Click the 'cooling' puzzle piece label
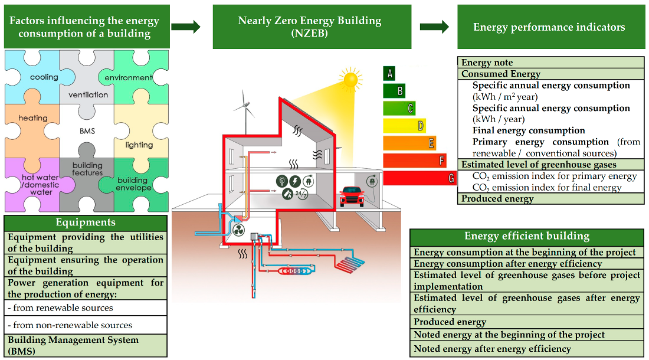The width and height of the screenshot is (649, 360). pyautogui.click(x=44, y=77)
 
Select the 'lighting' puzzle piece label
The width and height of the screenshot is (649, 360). pyautogui.click(x=139, y=145)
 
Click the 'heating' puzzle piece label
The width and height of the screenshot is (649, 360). pyautogui.click(x=33, y=118)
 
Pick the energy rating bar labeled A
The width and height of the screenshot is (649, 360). pyautogui.click(x=389, y=74)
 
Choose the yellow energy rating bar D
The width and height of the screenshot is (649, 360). pyautogui.click(x=404, y=126)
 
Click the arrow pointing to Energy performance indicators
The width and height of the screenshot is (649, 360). pyautogui.click(x=434, y=27)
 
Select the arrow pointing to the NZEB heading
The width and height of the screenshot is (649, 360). pyautogui.click(x=186, y=27)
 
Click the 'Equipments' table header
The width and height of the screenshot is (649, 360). pyautogui.click(x=86, y=222)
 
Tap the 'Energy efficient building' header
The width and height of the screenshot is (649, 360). pyautogui.click(x=526, y=236)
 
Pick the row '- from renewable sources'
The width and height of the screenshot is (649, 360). pyautogui.click(x=86, y=307)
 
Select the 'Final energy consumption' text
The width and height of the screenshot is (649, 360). pyautogui.click(x=529, y=130)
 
